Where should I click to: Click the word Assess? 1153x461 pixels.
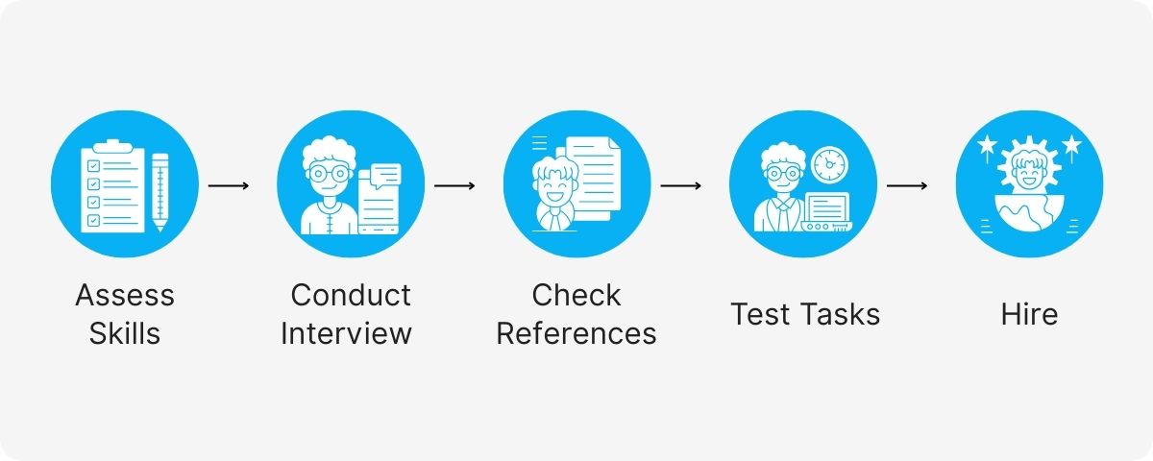(125, 295)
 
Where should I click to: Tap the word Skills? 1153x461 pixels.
(125, 333)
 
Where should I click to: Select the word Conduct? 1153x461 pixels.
(351, 295)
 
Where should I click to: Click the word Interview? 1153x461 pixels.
(346, 333)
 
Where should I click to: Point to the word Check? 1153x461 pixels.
(576, 295)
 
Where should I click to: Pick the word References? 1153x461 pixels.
(576, 333)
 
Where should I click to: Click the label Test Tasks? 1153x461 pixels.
(805, 314)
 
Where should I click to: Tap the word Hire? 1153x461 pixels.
(1028, 314)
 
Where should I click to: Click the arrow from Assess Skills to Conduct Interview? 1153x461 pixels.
(228, 184)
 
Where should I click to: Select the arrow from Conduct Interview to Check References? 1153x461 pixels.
(454, 184)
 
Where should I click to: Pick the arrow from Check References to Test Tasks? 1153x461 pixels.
(681, 184)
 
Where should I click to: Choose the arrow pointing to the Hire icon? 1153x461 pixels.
(907, 184)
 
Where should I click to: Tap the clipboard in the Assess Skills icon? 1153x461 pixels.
(110, 188)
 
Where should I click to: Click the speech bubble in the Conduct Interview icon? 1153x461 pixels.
(386, 176)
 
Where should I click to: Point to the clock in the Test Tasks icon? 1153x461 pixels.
(827, 164)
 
